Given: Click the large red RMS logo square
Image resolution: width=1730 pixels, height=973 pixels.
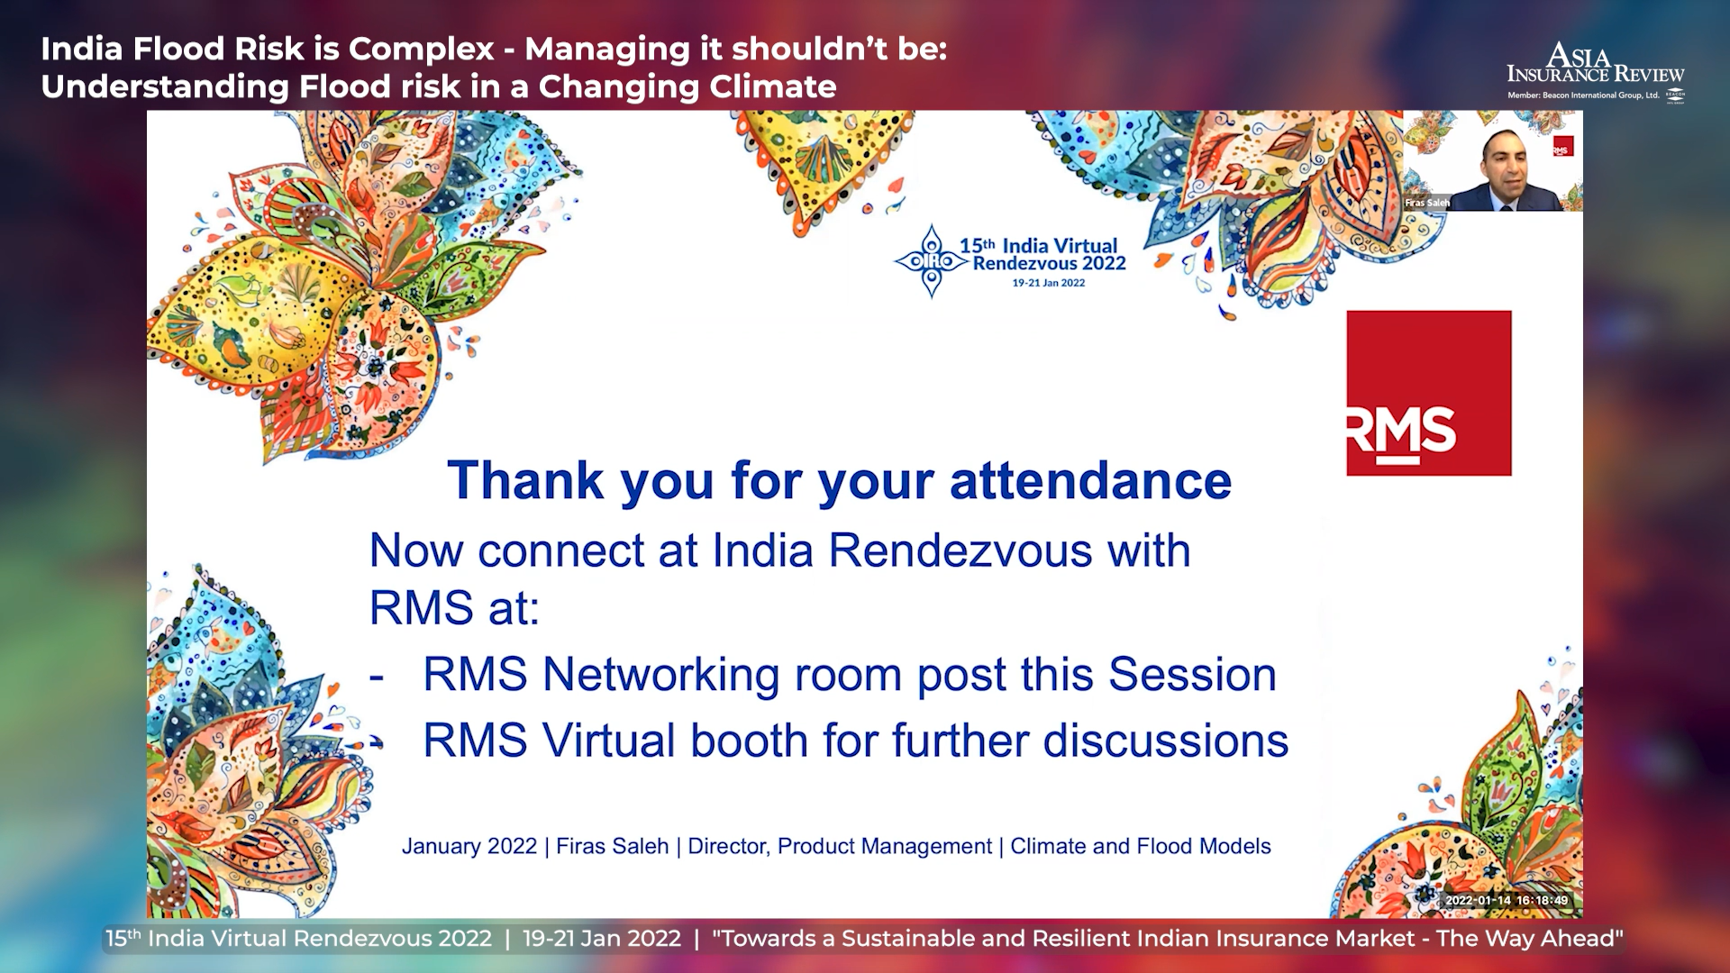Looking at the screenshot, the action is pos(1429,393).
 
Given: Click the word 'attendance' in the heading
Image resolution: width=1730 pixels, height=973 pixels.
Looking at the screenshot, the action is pos(1090,480).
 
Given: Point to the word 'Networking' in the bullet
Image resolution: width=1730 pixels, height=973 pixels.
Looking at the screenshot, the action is pos(660,675).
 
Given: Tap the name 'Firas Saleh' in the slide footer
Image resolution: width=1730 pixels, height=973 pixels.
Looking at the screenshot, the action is pos(612,847).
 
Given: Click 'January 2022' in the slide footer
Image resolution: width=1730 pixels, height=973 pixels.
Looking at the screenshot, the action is pos(469,847).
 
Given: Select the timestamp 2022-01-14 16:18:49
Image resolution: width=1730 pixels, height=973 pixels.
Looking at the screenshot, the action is pos(1507,900).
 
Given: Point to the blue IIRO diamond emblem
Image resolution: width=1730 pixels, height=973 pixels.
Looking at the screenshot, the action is pos(932,261).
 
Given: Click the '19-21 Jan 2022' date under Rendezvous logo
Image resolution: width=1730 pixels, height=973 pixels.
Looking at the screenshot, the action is pos(1048,283).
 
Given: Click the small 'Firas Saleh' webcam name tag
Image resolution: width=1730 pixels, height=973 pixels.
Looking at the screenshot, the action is pos(1427,203).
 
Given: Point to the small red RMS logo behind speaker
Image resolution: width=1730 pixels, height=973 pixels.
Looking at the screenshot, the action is pos(1562,147).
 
